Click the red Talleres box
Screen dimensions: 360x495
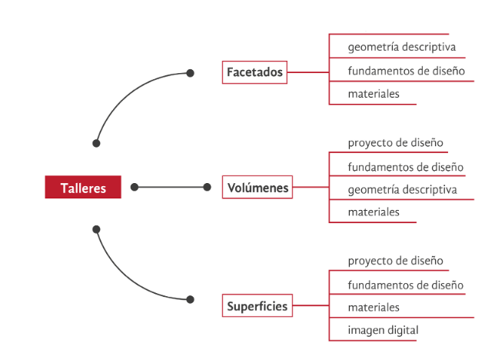click(83, 188)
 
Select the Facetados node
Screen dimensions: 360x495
click(255, 72)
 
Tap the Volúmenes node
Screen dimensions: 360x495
click(258, 187)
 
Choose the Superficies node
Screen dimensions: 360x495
click(257, 306)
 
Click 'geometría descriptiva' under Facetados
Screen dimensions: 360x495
click(402, 47)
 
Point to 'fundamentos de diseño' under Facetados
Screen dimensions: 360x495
click(406, 71)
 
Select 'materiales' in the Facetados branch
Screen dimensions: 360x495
click(374, 94)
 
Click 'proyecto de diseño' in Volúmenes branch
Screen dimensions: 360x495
click(395, 143)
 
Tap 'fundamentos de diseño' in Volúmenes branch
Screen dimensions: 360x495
click(406, 167)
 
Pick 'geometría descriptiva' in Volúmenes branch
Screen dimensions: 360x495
click(402, 189)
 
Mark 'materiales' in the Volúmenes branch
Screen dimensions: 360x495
click(374, 212)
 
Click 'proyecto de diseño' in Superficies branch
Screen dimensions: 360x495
click(395, 262)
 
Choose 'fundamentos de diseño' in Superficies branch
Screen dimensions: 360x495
click(406, 285)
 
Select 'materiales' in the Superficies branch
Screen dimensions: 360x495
click(374, 308)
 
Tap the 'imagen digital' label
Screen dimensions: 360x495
click(383, 331)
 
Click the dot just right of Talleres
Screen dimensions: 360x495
click(135, 187)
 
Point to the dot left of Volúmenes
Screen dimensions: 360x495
click(207, 187)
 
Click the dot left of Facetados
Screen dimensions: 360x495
click(190, 73)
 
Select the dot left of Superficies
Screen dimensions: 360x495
click(190, 299)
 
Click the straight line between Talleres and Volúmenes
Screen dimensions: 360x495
click(171, 187)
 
